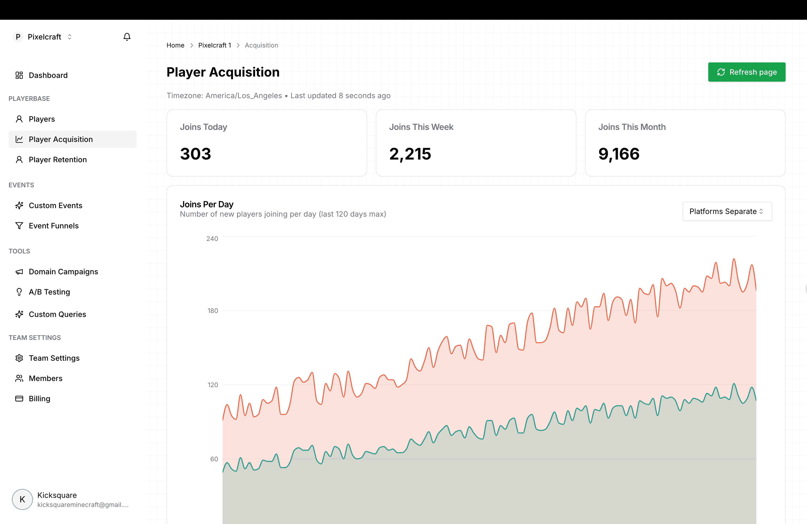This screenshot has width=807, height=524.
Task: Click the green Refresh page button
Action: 746,72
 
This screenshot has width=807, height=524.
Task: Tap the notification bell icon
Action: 127,37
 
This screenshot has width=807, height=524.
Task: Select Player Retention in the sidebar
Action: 58,160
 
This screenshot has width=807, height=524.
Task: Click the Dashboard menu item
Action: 48,75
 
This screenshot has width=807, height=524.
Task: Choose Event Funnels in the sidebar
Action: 54,226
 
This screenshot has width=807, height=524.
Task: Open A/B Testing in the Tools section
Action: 49,292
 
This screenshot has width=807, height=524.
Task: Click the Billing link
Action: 39,399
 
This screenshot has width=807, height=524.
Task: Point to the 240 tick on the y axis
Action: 212,239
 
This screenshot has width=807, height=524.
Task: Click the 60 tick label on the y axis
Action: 214,459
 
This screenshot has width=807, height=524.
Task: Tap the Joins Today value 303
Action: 196,154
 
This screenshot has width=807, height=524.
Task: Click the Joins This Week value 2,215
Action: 410,154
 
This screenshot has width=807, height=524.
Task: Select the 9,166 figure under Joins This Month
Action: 619,154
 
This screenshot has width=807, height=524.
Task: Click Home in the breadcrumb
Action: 175,45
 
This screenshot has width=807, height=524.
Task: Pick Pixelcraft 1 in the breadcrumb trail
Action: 215,45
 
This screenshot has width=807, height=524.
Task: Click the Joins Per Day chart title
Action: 207,204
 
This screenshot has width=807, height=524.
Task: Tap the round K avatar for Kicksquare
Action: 22,499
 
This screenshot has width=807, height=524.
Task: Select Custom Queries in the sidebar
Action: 57,314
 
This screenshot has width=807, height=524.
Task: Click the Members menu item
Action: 45,378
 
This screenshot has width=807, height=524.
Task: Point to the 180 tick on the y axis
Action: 213,311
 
